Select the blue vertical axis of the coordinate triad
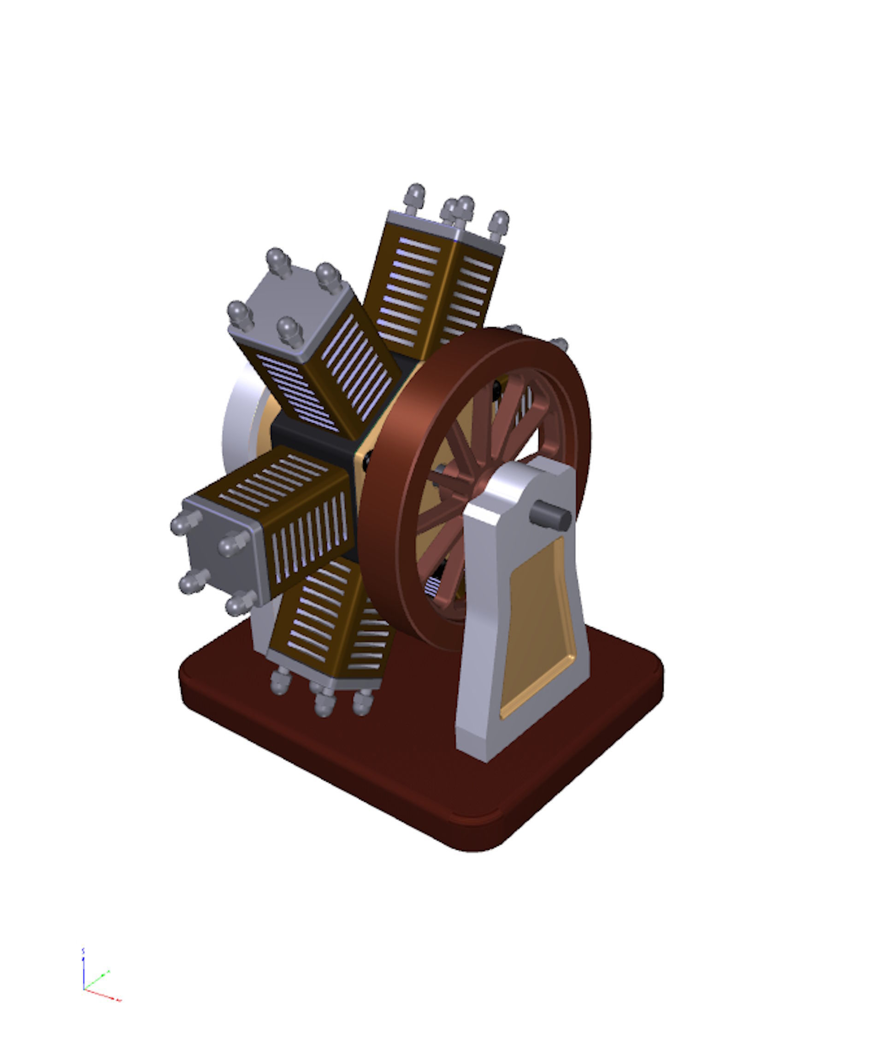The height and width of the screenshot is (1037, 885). point(83,968)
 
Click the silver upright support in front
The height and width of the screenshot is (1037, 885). point(481,651)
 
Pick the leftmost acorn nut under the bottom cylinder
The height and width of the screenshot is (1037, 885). point(279,681)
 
